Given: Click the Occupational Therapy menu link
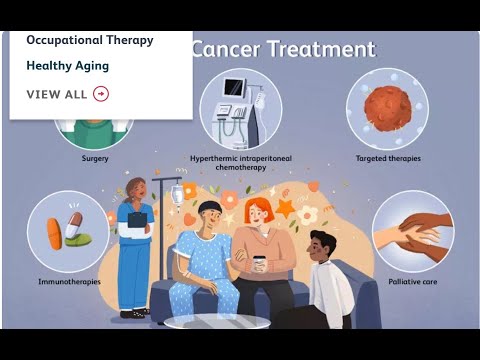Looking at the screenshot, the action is point(90,40).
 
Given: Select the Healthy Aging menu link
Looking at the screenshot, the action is point(68,66).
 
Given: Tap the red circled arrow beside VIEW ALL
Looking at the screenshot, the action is point(101,94).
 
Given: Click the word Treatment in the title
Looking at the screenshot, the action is point(322,49).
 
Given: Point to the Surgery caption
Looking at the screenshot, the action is point(95,158).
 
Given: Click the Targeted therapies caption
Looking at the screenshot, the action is point(388,158).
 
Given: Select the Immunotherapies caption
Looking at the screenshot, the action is point(69,282).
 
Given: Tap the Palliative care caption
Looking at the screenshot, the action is point(413,282).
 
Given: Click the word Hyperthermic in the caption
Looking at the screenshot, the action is point(213,158).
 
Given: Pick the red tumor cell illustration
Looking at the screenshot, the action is point(388,109).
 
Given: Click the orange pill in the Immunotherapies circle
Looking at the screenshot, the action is point(54,234).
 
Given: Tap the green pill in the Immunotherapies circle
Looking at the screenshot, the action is point(79,240).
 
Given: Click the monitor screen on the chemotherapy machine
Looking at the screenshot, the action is point(234,87).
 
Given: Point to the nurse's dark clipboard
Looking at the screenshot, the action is point(137,220).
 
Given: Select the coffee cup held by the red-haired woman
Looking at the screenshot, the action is point(259,265).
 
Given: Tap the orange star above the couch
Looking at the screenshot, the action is point(285,208).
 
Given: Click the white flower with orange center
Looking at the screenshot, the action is point(307,215).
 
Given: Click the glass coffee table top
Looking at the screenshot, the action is point(217,322).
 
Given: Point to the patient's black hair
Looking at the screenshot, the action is point(210,207).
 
